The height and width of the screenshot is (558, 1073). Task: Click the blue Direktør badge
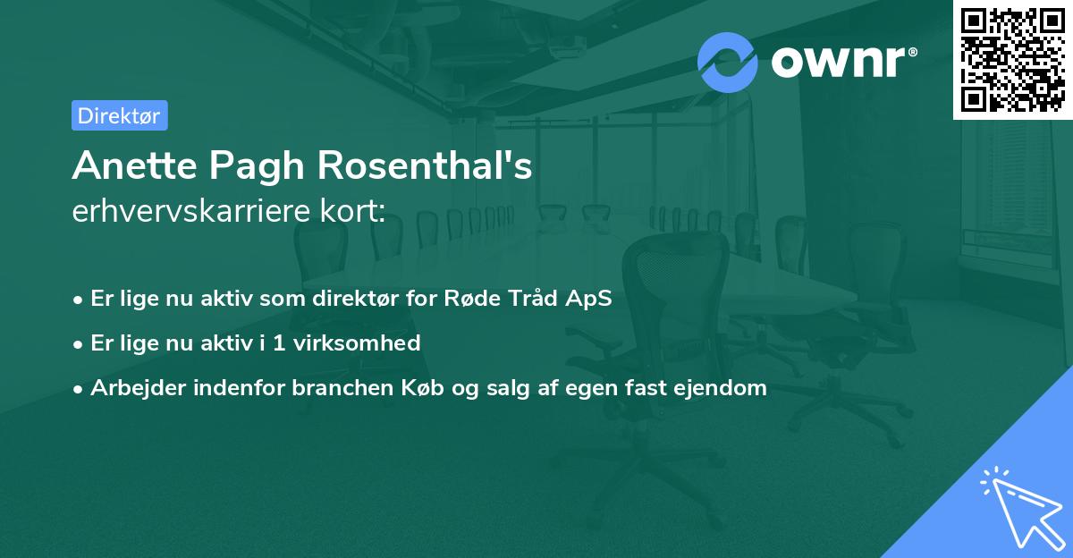[x=119, y=115]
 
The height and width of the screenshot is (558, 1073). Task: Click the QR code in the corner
[x=1013, y=59]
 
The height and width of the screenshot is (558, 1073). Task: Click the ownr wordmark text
[x=841, y=63]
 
